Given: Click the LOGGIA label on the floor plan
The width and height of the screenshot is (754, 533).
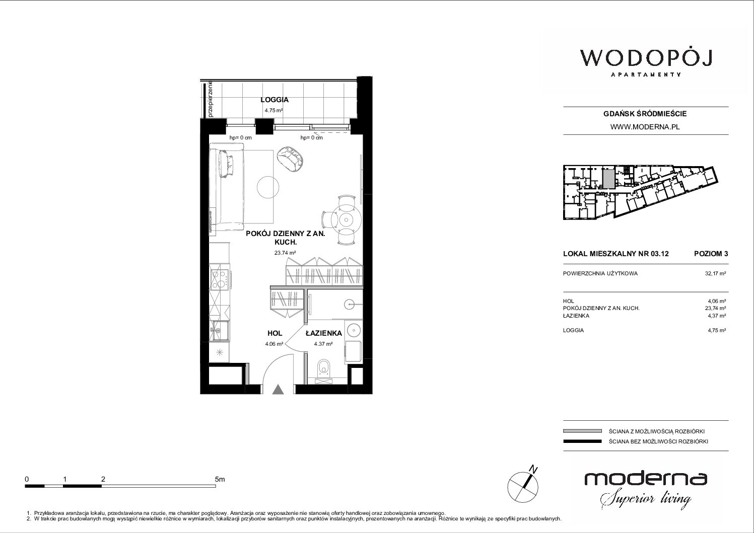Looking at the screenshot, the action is tap(275, 100).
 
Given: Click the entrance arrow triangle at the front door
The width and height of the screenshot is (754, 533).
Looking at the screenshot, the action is tap(278, 390).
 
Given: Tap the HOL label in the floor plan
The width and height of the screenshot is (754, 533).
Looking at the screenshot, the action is tap(275, 333).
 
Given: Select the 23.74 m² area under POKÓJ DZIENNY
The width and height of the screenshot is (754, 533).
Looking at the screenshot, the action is tap(285, 253).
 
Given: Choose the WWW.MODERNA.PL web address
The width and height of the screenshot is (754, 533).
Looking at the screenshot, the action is tap(645, 127).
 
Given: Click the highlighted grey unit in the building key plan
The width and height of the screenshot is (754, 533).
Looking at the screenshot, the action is tap(607, 179).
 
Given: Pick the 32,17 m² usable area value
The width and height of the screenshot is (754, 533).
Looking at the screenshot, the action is tap(715, 273).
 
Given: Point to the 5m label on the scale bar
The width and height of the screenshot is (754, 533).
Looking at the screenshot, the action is tap(220, 479).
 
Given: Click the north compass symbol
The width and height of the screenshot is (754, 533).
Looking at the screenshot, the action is tap(523, 484).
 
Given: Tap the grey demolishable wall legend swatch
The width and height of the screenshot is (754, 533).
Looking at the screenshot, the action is tap(582, 431).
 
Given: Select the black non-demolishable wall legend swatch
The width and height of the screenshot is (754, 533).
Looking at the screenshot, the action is tap(582, 441).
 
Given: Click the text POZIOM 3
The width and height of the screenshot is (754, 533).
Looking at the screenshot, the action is tap(711, 254).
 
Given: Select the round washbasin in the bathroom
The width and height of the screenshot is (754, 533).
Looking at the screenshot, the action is tap(354, 330).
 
